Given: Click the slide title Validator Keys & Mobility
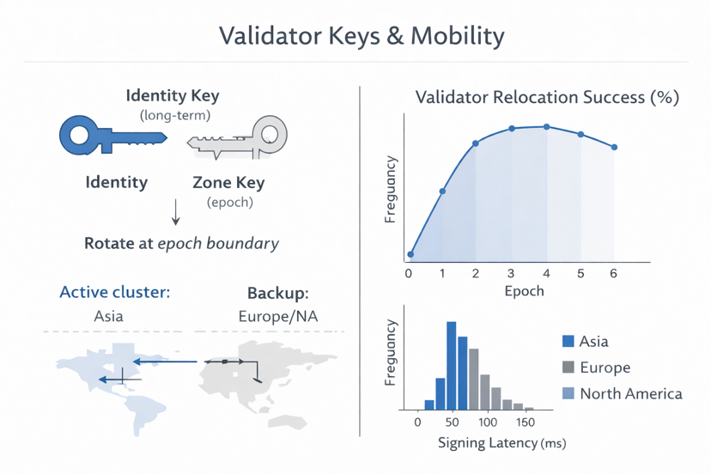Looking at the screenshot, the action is pos(361,36).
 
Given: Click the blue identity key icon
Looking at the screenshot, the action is pos(112,137).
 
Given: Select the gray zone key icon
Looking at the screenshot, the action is pos(238,138).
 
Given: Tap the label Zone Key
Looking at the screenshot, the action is pos(229,182).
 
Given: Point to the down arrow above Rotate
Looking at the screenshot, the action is pos(176,212).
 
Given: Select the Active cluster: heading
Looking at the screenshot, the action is pos(115,293).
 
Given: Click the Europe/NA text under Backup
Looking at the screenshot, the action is pos(277,316).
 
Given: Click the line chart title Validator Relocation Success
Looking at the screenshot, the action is pos(547,97).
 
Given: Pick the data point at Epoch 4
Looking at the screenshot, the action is pos(547,127).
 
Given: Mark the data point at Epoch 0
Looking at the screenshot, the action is pos(410,254).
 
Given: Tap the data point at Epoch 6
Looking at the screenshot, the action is pos(614,148).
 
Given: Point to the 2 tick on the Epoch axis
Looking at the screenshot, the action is pos(477,274).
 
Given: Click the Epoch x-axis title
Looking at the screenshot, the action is pos(524,290).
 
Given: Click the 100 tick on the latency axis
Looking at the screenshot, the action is pos(487,422).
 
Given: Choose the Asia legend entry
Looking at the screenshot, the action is pos(585,341).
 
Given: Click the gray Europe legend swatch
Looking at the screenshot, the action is pos(568,368).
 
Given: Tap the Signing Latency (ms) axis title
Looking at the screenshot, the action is pos(501,443).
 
